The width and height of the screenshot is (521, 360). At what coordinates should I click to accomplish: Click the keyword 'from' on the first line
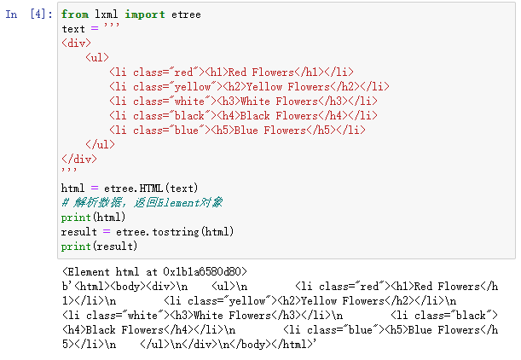tap(74, 15)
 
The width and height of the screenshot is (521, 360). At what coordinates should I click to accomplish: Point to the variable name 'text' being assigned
tap(72, 29)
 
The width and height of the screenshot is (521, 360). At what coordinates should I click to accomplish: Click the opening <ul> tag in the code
tap(97, 58)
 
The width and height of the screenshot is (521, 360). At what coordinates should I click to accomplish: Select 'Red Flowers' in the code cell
tap(262, 73)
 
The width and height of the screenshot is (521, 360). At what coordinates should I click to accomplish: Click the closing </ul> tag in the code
tap(100, 145)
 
